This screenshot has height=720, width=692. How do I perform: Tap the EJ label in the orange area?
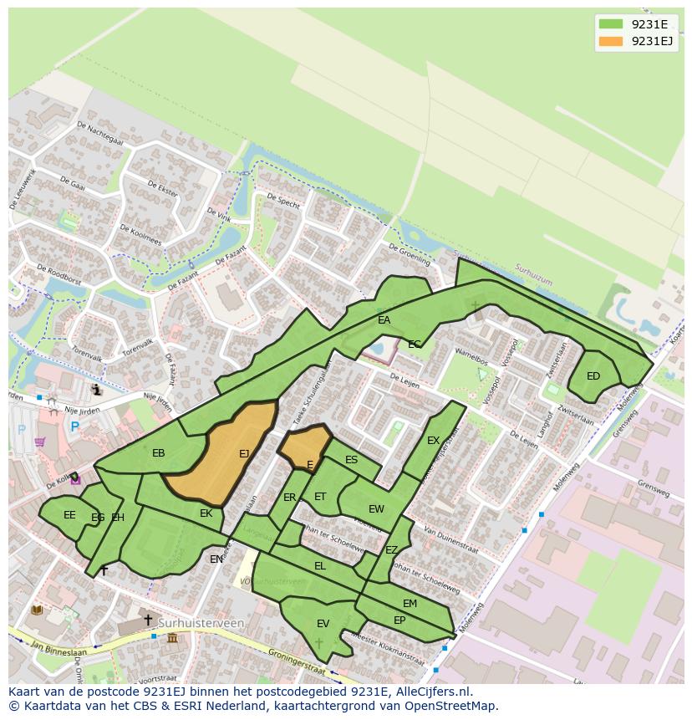click(244, 454)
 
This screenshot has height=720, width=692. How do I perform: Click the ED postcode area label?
click(593, 376)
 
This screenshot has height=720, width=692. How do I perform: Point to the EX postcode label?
click(433, 441)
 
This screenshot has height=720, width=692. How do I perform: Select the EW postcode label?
click(376, 509)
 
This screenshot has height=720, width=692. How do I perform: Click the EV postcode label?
click(323, 624)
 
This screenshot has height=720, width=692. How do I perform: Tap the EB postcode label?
click(159, 453)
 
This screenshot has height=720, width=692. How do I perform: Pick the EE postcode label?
click(69, 515)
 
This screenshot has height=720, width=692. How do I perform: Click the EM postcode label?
click(410, 604)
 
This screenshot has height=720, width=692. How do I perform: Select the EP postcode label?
click(399, 620)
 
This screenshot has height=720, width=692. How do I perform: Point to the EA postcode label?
click(384, 320)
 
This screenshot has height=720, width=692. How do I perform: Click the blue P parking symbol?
click(74, 427)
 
